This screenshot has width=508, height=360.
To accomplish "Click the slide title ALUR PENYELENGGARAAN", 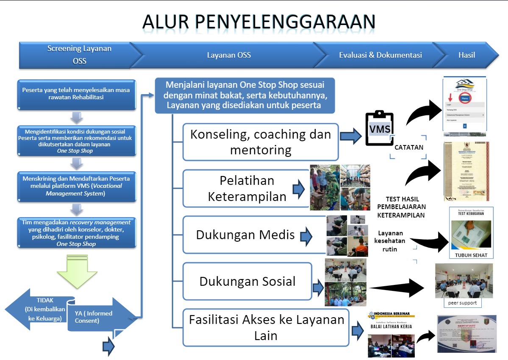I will pos(258,22).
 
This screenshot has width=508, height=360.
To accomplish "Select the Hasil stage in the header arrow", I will pos(466,55).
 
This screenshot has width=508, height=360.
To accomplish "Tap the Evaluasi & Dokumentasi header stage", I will pos(380,55).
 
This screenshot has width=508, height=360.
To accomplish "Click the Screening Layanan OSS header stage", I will pos(79,55).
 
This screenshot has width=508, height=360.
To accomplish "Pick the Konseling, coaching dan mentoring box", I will pos(260,142).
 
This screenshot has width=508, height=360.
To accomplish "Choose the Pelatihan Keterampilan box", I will pos(246,188).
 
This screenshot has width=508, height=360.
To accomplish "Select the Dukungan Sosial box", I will pos(247,282).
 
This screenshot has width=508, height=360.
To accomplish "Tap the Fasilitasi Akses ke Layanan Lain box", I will pos(266,327).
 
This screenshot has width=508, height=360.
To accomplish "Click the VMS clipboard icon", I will pos(380,128).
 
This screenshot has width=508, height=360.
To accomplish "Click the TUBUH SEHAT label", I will pos(471,255).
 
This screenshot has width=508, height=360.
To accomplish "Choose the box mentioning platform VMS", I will pos(77,186).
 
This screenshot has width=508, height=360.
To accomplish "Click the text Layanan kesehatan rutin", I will pos(389,241).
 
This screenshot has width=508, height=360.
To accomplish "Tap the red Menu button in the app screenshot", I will pos(464,98).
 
